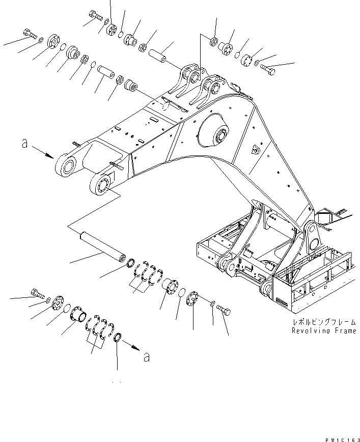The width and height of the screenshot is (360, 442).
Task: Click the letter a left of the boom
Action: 24,144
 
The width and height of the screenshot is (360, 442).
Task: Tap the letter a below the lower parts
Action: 147,357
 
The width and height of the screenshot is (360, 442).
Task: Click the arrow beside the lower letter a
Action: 131,347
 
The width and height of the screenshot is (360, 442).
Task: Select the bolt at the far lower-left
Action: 39,294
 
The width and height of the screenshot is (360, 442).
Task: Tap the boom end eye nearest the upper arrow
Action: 66,165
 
